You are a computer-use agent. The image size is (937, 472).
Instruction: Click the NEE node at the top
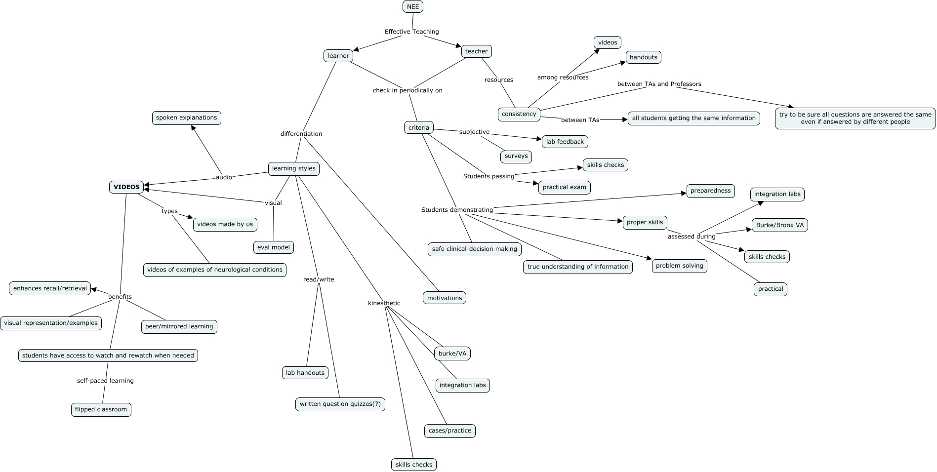[x=413, y=7]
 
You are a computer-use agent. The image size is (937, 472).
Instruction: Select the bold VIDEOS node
[x=126, y=187]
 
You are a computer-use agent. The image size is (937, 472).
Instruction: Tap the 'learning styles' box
[x=294, y=169]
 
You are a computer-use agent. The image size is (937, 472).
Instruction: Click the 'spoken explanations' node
[x=186, y=118]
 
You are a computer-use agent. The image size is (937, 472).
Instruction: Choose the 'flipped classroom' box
[x=101, y=409]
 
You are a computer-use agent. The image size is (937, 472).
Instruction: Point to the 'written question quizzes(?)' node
[x=340, y=404]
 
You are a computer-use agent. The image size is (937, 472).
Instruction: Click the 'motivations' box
[x=445, y=298]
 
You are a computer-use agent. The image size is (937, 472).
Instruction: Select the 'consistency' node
[x=519, y=115]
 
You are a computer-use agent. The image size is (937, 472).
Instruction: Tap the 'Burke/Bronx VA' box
[x=780, y=226]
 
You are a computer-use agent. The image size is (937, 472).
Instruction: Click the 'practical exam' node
[x=564, y=188]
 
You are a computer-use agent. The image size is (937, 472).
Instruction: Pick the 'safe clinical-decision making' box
[x=474, y=249]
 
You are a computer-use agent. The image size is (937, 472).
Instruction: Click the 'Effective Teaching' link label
[x=411, y=32]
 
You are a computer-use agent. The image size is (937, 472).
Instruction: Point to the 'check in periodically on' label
[x=407, y=90]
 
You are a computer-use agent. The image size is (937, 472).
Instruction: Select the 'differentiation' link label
[x=301, y=134]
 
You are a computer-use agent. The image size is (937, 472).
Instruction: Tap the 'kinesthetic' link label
[x=384, y=303]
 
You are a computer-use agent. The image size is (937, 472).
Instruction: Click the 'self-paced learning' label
[x=105, y=381]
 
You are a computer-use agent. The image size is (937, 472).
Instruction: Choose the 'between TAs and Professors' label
[x=659, y=84]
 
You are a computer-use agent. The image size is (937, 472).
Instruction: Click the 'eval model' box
[x=274, y=247]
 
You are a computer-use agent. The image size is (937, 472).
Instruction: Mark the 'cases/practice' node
[x=449, y=431]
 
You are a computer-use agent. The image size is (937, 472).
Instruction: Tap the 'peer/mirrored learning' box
[x=179, y=327]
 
